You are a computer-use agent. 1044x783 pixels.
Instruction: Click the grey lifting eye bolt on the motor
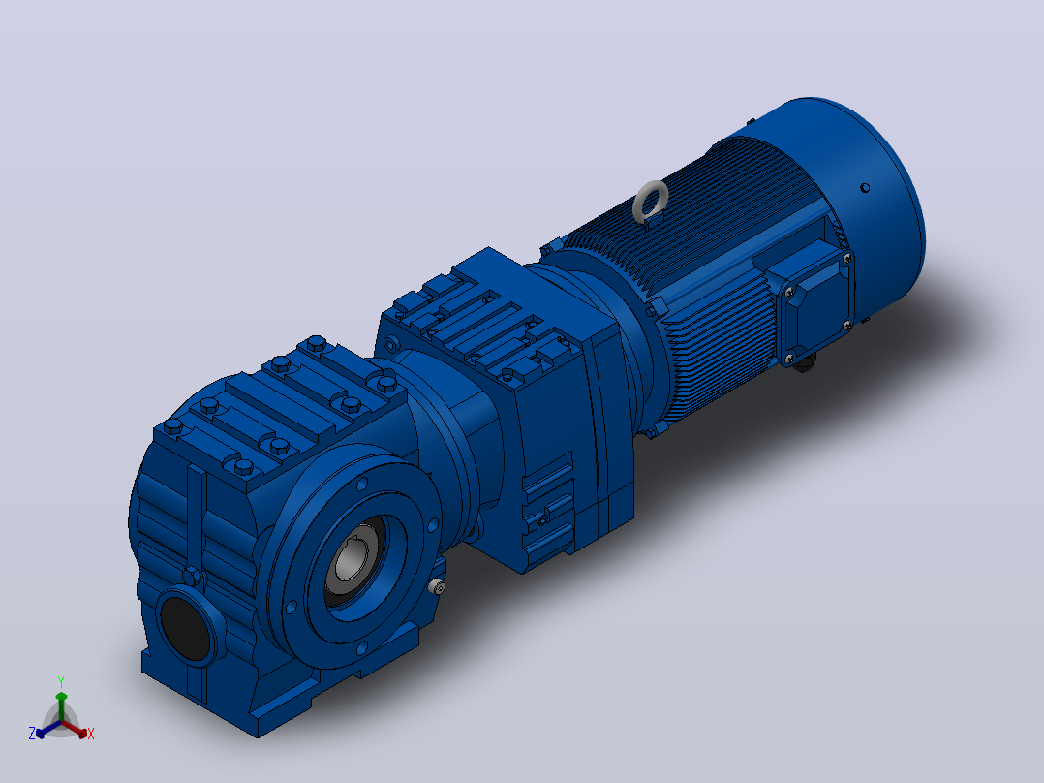(650, 201)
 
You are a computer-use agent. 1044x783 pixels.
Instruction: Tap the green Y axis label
(61, 681)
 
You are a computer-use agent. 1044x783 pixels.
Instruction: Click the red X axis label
(91, 734)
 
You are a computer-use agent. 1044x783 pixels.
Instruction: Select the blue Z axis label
(32, 734)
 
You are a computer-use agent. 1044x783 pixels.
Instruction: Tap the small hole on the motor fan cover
(865, 188)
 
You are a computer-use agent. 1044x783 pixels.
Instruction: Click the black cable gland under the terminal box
(804, 363)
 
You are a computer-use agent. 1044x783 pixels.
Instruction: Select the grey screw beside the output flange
(437, 587)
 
